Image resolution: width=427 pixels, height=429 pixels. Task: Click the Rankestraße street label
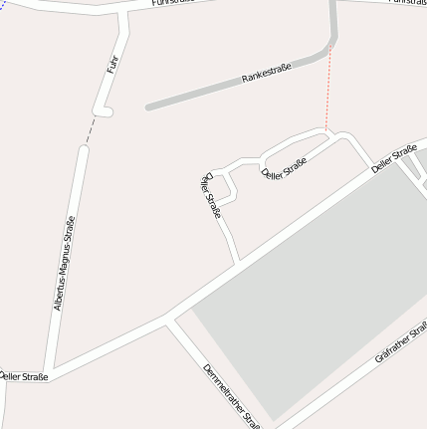pos(266,73)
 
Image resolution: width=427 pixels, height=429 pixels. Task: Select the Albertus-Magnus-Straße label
pos(65,263)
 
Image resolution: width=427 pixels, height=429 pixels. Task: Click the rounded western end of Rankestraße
pos(149,106)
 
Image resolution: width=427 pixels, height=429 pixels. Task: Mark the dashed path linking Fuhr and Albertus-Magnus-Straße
pos(91,129)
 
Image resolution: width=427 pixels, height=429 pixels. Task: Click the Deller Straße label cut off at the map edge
pos(22,376)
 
